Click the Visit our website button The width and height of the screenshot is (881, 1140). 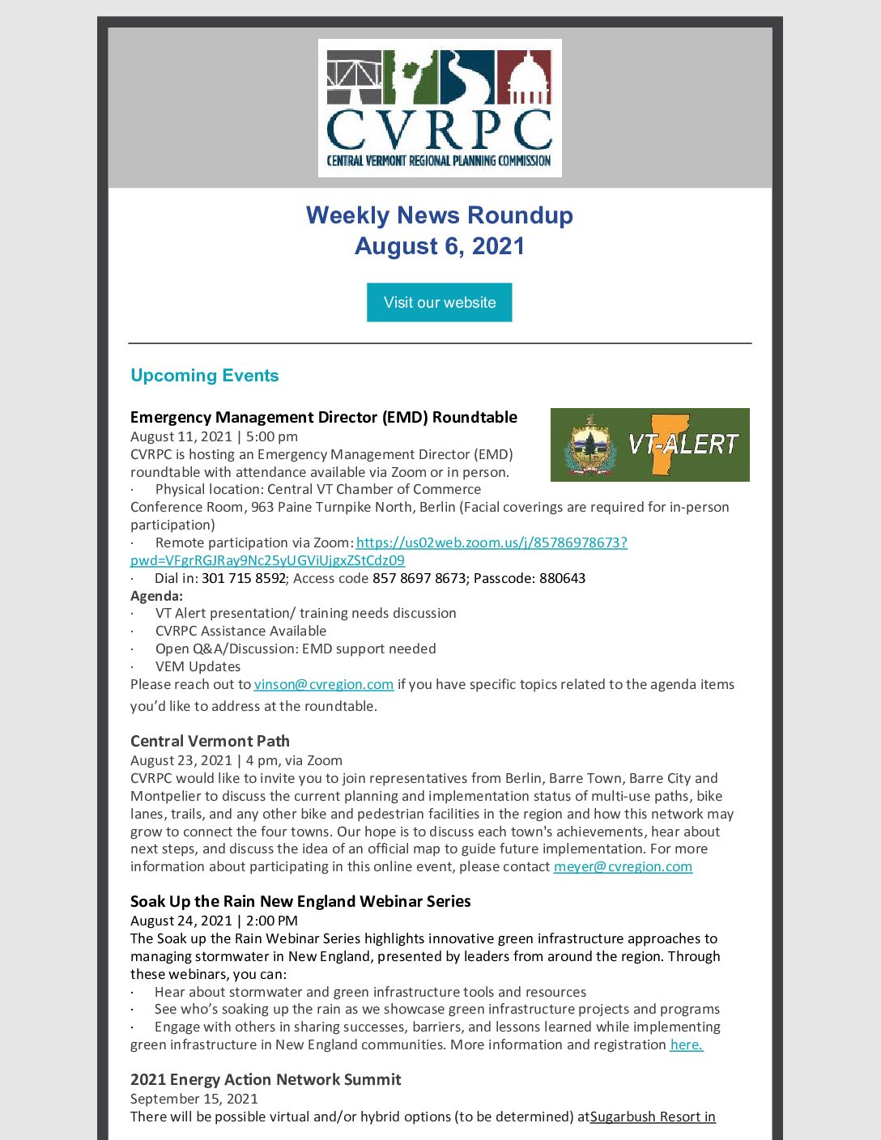pyautogui.click(x=439, y=302)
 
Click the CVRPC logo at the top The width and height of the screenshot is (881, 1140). pyautogui.click(x=440, y=108)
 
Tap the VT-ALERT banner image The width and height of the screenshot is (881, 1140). pyautogui.click(x=649, y=445)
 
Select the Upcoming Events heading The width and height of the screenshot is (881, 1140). pyautogui.click(x=204, y=376)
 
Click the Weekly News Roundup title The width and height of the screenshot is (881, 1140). pyautogui.click(x=439, y=215)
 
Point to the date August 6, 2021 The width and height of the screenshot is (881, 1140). pyautogui.click(x=439, y=246)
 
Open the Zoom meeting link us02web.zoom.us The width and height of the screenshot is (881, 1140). pyautogui.click(x=491, y=542)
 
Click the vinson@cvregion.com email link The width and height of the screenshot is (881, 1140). pyautogui.click(x=323, y=684)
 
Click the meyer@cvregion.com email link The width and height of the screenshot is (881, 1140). pyautogui.click(x=623, y=866)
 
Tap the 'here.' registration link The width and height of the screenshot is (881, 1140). pyautogui.click(x=686, y=1044)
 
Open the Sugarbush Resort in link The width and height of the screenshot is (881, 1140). pyautogui.click(x=653, y=1117)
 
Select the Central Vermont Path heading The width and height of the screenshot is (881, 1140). pyautogui.click(x=210, y=741)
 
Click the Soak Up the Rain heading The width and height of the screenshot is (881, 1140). pyautogui.click(x=300, y=901)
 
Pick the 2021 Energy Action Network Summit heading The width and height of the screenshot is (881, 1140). pyautogui.click(x=266, y=1079)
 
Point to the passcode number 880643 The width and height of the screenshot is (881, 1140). pyautogui.click(x=562, y=578)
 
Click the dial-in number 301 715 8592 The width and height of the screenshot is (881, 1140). pyautogui.click(x=244, y=578)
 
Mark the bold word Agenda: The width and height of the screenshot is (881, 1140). pyautogui.click(x=156, y=596)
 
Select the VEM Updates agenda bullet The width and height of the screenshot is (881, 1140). pyautogui.click(x=198, y=666)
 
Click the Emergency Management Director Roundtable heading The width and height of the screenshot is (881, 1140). pyautogui.click(x=323, y=417)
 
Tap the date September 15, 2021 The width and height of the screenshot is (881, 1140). pyautogui.click(x=194, y=1099)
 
